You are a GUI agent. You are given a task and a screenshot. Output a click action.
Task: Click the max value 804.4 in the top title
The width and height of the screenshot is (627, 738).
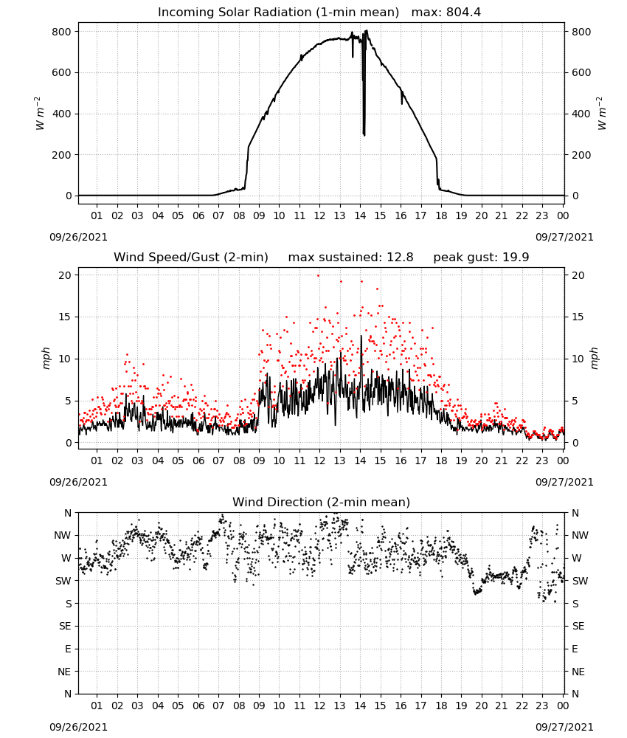(x=463, y=13)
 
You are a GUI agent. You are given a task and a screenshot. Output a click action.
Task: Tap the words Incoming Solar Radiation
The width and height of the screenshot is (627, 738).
(x=235, y=13)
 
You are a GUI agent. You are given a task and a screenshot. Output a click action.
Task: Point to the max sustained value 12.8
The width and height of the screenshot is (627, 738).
(x=400, y=258)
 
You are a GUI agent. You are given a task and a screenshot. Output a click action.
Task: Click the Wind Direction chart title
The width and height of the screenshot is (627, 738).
(x=322, y=502)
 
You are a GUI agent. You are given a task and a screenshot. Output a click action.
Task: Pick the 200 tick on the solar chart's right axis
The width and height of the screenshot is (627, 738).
(x=581, y=155)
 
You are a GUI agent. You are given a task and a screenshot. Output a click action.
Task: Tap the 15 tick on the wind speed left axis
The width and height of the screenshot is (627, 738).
(x=64, y=317)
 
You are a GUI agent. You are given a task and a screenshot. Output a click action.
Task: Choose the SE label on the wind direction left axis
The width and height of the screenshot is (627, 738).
(x=65, y=626)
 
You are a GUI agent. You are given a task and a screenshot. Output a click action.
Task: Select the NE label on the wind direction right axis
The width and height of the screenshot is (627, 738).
(x=578, y=672)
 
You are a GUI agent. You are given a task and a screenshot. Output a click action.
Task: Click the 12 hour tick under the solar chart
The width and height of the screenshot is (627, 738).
(x=320, y=215)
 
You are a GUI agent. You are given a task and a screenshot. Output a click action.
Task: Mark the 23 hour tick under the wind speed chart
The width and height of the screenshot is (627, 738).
(x=542, y=461)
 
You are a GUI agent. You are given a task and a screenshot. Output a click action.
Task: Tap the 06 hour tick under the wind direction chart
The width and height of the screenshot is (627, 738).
(x=198, y=706)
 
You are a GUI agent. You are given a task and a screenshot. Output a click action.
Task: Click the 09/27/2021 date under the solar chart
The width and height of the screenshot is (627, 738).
(x=564, y=237)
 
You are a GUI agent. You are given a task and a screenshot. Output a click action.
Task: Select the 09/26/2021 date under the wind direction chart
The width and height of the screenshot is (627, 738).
(x=78, y=727)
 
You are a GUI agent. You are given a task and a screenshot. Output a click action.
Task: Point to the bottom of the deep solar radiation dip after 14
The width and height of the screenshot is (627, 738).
(x=364, y=135)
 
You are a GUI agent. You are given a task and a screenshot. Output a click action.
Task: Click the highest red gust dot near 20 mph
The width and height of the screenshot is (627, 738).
(x=319, y=275)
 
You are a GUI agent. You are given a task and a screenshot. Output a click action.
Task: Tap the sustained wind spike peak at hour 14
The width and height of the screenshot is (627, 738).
(x=361, y=336)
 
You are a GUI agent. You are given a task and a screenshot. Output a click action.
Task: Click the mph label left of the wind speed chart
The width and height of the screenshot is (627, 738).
(x=46, y=358)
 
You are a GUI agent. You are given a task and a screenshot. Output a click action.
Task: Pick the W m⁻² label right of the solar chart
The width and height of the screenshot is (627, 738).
(x=602, y=114)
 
